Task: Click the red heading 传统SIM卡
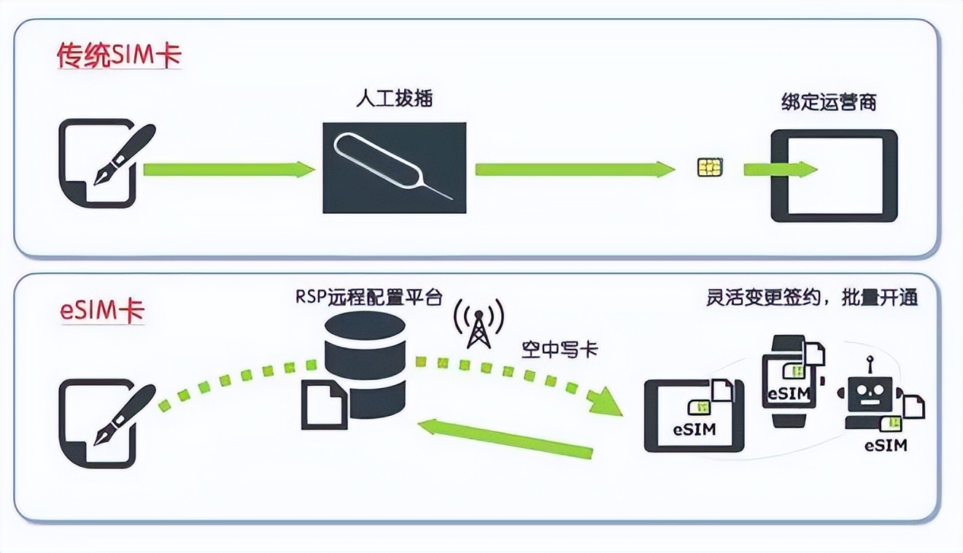119,57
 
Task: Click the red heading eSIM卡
102,311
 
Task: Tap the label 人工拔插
394,98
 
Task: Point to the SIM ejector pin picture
394,168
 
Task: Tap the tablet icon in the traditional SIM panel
834,175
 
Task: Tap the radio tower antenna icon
478,324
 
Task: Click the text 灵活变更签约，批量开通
811,298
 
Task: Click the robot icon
870,398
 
